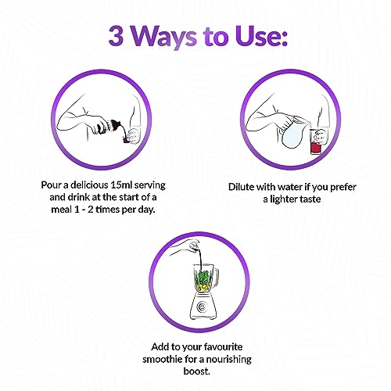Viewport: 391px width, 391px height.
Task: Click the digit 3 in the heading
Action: [116, 36]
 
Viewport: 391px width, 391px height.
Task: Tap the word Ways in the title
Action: [163, 38]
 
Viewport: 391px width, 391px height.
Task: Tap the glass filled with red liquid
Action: [317, 142]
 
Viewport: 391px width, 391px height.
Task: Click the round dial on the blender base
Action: [201, 307]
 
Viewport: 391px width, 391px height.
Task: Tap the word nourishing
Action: [228, 360]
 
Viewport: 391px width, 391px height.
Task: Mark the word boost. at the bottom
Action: [197, 371]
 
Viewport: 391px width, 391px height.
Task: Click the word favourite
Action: [223, 347]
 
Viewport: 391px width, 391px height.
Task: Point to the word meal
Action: [61, 210]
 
